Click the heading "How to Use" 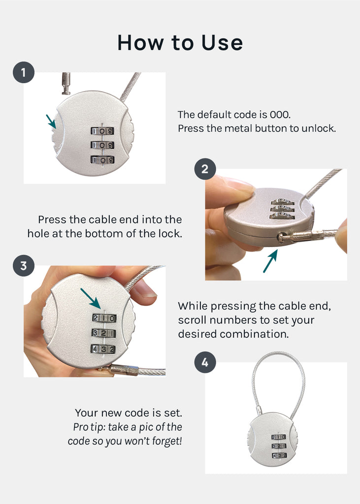(x=180, y=43)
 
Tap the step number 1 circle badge (x=23, y=73)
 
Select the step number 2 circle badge (x=205, y=169)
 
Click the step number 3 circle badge (x=23, y=266)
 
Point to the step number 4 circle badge (x=205, y=363)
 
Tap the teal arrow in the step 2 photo (x=269, y=261)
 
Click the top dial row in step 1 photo (x=102, y=131)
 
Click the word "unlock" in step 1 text (x=321, y=129)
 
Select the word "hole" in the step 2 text (x=37, y=234)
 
